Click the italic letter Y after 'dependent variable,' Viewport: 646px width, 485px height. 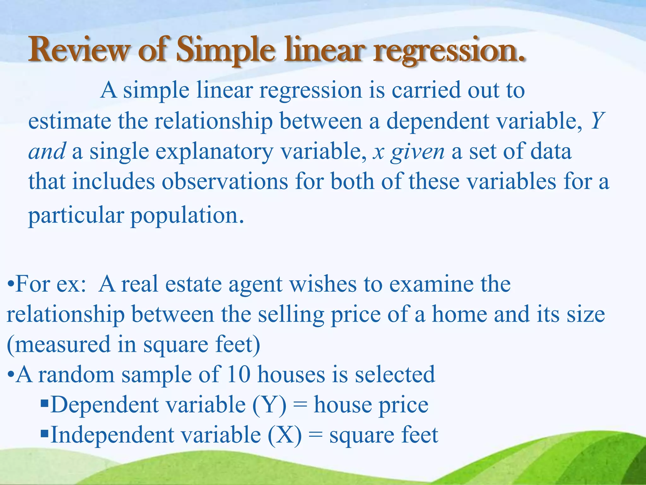pyautogui.click(x=597, y=121)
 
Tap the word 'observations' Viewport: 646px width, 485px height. pyautogui.click(x=225, y=182)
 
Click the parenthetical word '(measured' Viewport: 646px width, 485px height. pyautogui.click(x=58, y=344)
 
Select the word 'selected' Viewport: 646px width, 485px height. pyautogui.click(x=395, y=374)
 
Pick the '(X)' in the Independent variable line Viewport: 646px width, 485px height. pyautogui.click(x=285, y=435)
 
